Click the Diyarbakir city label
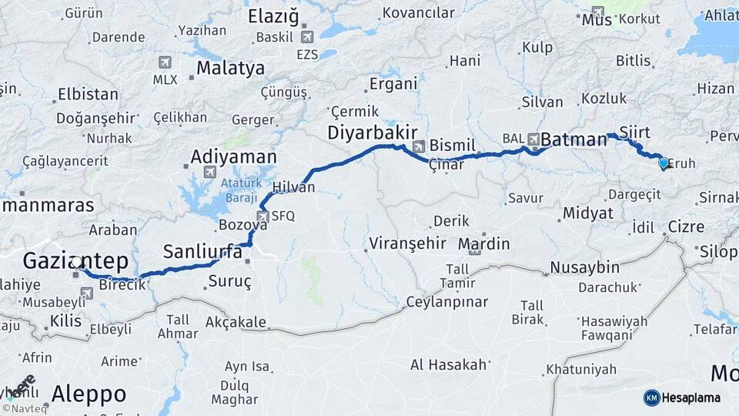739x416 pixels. point(373,132)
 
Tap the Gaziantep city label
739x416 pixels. point(75,260)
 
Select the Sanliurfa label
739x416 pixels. point(197,251)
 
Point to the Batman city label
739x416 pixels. point(573,139)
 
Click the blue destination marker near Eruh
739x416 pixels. point(663,163)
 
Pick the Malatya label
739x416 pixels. point(230,68)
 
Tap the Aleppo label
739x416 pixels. point(89,394)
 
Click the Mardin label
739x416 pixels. point(483,244)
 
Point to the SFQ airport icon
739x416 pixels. point(264,216)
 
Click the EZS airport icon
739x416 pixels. point(307,36)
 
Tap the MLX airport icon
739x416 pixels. point(165,62)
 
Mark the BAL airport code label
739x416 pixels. point(513,139)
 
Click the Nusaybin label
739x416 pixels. point(584,268)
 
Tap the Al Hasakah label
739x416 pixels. point(448,364)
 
